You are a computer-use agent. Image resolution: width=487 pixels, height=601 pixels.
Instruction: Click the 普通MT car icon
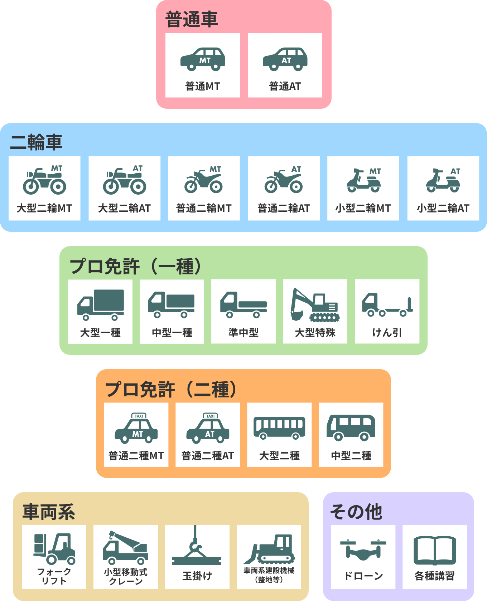point(203,59)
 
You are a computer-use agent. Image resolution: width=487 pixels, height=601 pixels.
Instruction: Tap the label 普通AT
point(285,86)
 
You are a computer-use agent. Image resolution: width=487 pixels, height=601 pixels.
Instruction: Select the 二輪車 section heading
point(36,142)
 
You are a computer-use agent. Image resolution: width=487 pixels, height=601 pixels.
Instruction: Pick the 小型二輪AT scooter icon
point(443,180)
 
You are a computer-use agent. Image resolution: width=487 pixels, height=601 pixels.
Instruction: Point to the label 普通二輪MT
point(204,208)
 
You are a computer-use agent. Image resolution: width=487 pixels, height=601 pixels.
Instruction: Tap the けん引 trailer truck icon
point(387,305)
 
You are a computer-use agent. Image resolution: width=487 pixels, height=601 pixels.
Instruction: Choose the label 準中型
point(243,333)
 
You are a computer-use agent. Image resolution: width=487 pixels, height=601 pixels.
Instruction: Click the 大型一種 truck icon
point(101,305)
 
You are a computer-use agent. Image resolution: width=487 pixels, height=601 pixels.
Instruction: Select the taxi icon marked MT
point(136,429)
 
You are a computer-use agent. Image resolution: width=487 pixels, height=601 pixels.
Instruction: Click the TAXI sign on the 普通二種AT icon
point(210,416)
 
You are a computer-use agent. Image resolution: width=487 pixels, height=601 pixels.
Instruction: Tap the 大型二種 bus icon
point(279,428)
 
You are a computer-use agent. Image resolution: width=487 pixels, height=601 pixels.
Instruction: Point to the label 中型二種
point(351,456)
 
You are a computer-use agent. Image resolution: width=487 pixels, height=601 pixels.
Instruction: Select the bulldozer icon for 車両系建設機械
point(269,549)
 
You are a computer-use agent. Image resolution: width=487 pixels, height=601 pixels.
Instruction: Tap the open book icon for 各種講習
point(435,550)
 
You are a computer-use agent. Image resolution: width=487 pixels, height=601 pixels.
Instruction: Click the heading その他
point(356,512)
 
